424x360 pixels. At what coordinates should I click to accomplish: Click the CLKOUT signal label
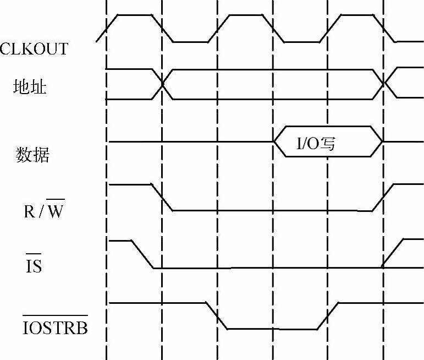[34, 49]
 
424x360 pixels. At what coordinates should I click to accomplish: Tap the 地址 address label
[30, 86]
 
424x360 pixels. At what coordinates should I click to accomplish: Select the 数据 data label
[32, 155]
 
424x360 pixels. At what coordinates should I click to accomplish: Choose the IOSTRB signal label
[55, 328]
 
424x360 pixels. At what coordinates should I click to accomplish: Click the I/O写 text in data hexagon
[316, 145]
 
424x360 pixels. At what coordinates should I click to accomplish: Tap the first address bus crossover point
[163, 84]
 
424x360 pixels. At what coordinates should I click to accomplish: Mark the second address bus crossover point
[383, 84]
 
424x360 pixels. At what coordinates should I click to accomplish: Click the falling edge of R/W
[163, 198]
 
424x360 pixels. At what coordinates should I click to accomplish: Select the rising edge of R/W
[383, 198]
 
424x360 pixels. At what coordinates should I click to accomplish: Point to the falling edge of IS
[142, 254]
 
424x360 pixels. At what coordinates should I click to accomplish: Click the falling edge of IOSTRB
[217, 316]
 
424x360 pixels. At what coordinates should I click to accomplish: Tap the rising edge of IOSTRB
[328, 316]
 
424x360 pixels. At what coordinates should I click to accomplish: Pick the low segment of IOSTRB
[272, 329]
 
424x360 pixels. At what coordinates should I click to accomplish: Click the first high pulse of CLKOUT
[134, 15]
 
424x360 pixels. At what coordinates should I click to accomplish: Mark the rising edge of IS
[394, 253]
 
